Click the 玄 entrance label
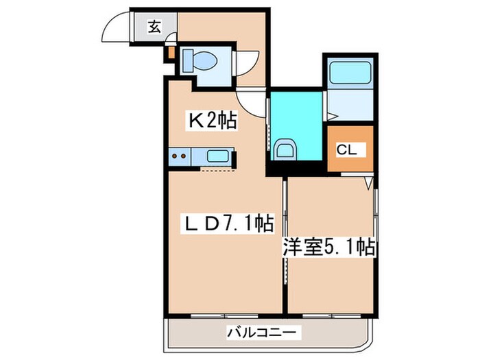(x=154, y=28)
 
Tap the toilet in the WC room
(x=204, y=61)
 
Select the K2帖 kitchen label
(x=213, y=121)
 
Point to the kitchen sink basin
(x=217, y=156)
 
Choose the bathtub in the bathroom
(x=349, y=73)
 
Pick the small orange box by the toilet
(x=170, y=51)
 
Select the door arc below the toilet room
(x=254, y=103)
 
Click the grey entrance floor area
(x=155, y=28)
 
